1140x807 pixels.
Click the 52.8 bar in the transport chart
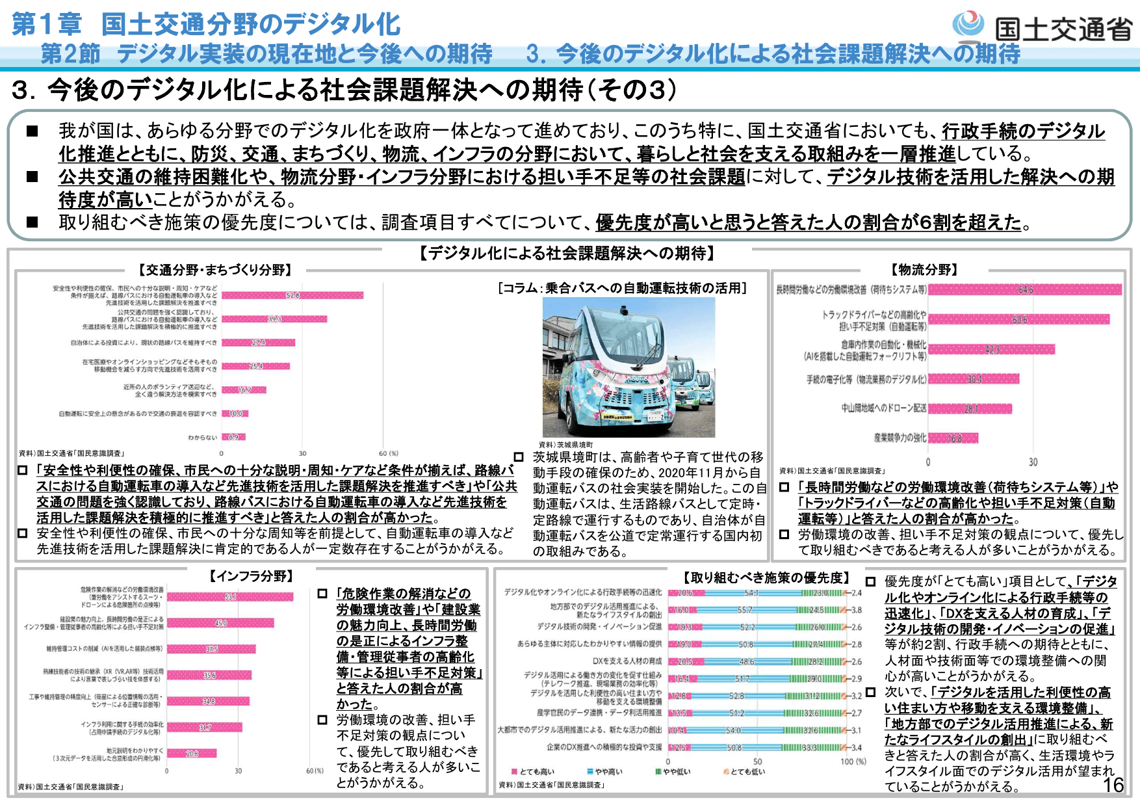point(292,295)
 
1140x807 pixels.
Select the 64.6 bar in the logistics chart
point(1025,289)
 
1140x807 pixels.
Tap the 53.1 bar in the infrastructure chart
point(230,596)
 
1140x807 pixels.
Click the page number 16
point(1113,785)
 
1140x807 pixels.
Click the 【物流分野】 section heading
point(924,270)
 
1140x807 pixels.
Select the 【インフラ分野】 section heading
point(251,576)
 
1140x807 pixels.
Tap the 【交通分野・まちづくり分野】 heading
point(215,270)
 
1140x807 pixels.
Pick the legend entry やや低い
point(673,772)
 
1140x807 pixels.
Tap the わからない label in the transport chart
point(203,438)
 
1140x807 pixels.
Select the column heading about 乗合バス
point(623,288)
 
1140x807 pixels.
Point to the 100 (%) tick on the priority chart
point(853,761)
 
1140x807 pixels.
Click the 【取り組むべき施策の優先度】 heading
point(765,577)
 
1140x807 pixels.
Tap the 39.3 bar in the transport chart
point(274,319)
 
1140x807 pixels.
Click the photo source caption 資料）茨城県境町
point(565,445)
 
